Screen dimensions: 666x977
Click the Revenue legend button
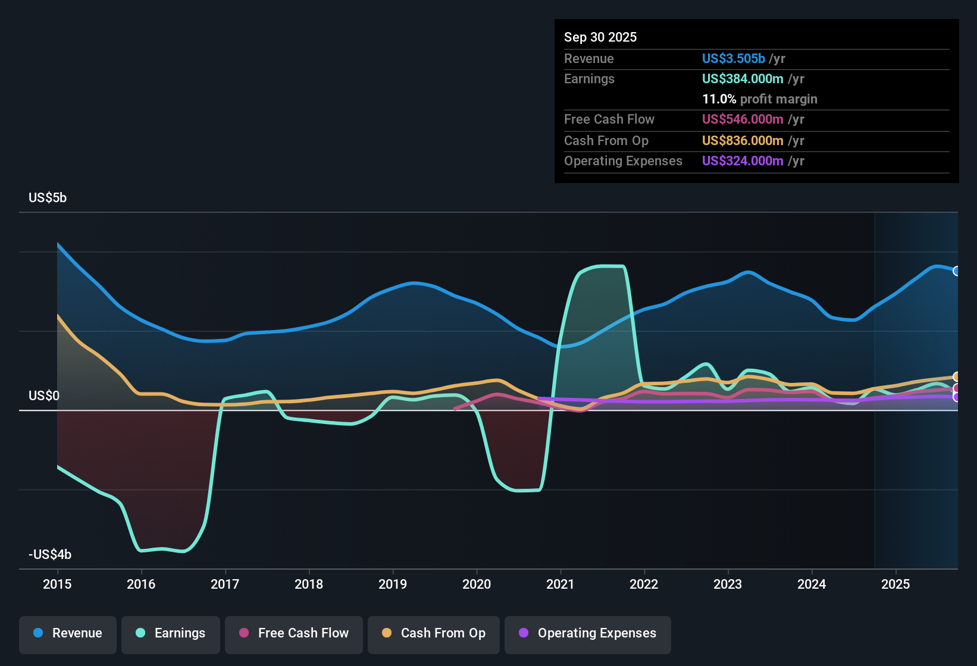coord(68,633)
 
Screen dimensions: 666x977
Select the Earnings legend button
coord(171,633)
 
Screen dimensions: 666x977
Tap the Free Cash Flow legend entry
coord(294,633)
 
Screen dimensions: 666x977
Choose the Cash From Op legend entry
coord(434,633)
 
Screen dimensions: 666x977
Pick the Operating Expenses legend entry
coord(588,633)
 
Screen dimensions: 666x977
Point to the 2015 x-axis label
coord(57,584)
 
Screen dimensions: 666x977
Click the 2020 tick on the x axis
coord(477,584)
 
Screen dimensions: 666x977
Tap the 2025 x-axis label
coord(895,584)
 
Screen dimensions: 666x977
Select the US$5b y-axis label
coord(48,198)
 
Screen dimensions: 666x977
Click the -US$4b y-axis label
coord(50,555)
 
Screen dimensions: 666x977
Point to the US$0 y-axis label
coord(44,396)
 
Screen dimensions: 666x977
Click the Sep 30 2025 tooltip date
coord(600,37)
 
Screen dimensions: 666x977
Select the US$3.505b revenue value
coord(733,58)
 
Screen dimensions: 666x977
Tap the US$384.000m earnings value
coord(742,78)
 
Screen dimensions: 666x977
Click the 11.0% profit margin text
coord(759,99)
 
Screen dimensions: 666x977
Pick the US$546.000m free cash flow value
coord(742,119)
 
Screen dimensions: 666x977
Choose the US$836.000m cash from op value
coord(742,140)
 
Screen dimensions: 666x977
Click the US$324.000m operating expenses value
coord(742,161)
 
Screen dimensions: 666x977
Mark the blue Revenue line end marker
coord(957,271)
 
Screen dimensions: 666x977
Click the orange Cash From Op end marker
coord(957,377)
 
